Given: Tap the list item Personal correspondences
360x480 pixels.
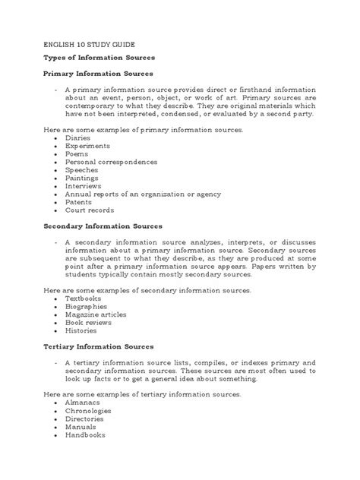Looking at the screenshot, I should [111, 163].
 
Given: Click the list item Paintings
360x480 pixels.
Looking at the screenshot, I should [82, 178].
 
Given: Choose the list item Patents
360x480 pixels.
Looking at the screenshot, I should [79, 202].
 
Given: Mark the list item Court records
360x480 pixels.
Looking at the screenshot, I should [90, 210].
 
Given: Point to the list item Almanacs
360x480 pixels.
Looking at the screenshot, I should [83, 403].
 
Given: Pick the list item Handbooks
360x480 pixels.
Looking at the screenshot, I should [85, 435].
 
